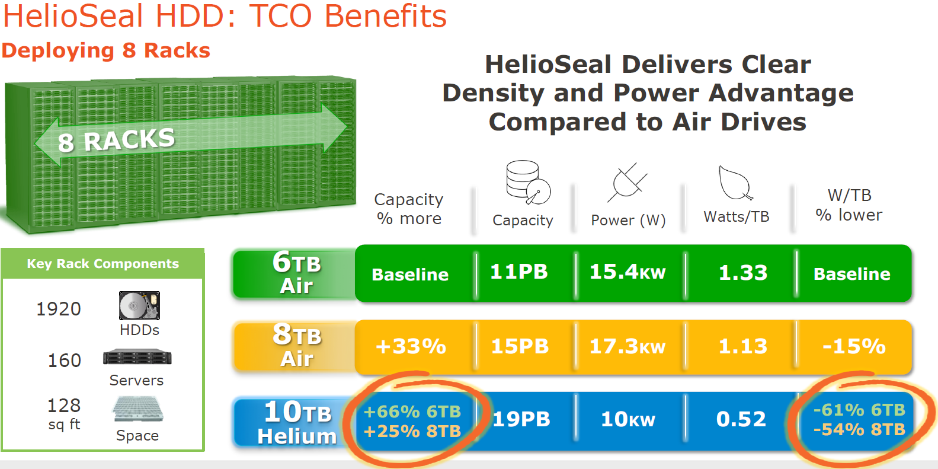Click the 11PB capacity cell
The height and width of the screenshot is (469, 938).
click(x=519, y=272)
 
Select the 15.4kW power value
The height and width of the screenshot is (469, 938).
click(x=628, y=272)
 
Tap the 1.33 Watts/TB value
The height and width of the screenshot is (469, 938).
click(x=743, y=273)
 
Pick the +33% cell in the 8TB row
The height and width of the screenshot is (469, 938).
click(x=411, y=347)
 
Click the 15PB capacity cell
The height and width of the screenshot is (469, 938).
click(x=520, y=347)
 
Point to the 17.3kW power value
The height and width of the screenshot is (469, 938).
click(x=628, y=347)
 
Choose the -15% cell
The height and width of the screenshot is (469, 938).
click(x=854, y=347)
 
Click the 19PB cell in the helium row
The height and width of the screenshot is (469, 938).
click(x=521, y=419)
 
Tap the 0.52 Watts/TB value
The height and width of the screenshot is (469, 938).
click(x=741, y=419)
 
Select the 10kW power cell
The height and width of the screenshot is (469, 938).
click(x=628, y=419)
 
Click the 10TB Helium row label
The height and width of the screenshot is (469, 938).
click(x=297, y=423)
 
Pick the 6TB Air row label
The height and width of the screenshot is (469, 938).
click(x=297, y=272)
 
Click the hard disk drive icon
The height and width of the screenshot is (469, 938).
click(x=139, y=305)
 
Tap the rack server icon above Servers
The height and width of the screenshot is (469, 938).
click(x=137, y=357)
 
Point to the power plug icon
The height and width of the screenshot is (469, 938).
click(x=628, y=182)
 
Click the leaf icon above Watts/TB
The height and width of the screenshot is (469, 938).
click(x=735, y=183)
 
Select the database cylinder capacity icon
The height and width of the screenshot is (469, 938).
click(x=528, y=182)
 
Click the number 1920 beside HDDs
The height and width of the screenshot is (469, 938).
click(x=59, y=310)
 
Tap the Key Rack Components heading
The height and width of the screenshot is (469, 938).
click(x=103, y=264)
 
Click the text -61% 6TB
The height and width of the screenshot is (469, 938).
click(x=859, y=410)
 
